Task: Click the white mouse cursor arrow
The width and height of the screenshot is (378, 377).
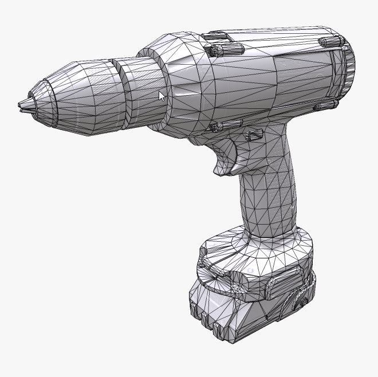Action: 162,96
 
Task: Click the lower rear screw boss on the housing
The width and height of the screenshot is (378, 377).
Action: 323,105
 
